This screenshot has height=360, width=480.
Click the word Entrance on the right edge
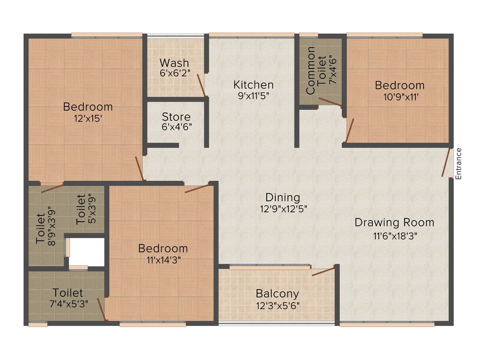[459, 164]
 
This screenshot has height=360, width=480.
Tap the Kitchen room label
[254, 85]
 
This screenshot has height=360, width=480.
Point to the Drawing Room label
[394, 222]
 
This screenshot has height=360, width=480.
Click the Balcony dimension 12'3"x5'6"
[277, 305]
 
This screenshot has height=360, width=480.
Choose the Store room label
[176, 117]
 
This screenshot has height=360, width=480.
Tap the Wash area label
[174, 63]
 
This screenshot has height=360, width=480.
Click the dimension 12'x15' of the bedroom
[88, 119]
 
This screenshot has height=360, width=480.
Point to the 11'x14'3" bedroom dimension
[163, 260]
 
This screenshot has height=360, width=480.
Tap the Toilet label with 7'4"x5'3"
[68, 293]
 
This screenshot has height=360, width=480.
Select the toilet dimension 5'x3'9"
[92, 209]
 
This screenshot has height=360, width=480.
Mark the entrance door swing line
[446, 162]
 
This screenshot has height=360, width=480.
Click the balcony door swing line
[323, 271]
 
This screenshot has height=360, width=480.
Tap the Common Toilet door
[330, 101]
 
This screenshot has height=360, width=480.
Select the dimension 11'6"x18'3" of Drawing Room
[392, 236]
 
